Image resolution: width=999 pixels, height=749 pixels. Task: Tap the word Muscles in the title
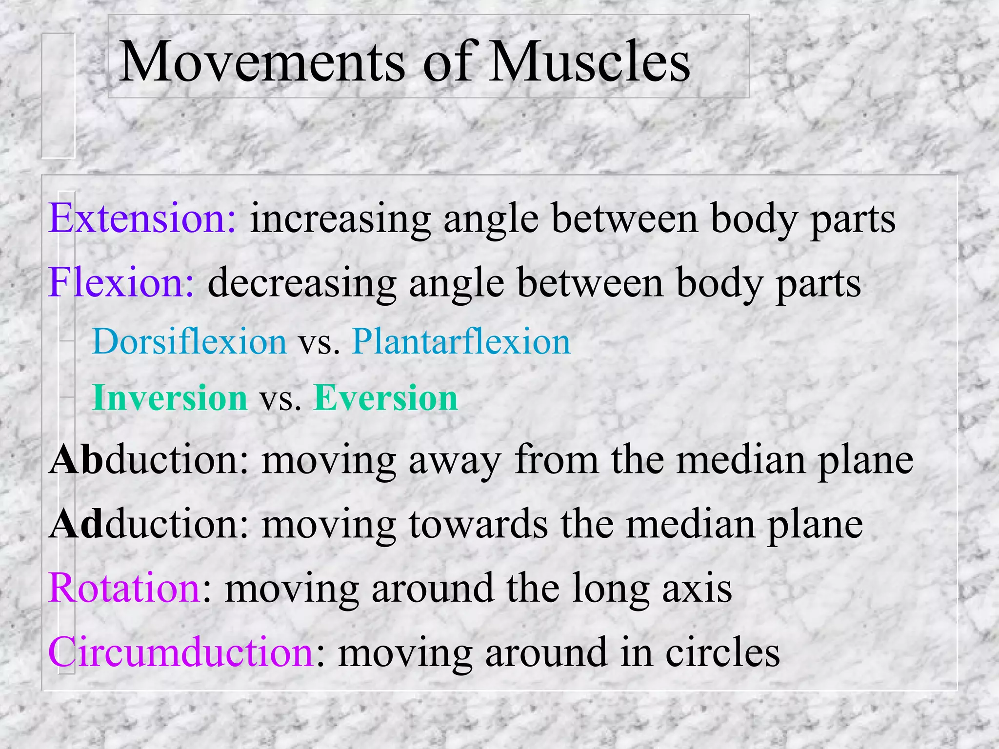pyautogui.click(x=590, y=62)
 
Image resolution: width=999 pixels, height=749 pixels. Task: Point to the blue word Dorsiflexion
pyautogui.click(x=189, y=341)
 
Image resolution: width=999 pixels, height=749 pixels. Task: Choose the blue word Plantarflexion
pyautogui.click(x=461, y=341)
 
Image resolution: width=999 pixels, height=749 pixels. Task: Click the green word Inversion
pyautogui.click(x=170, y=398)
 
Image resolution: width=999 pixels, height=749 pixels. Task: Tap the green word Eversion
pyautogui.click(x=385, y=398)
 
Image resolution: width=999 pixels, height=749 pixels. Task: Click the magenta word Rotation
pyautogui.click(x=125, y=588)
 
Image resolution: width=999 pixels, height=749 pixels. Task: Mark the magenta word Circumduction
pyautogui.click(x=180, y=652)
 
